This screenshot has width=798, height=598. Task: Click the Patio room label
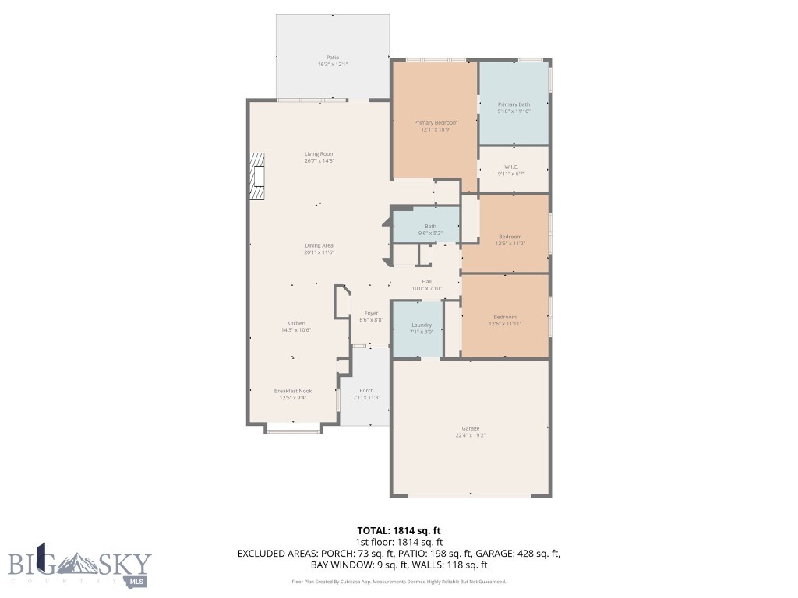pyautogui.click(x=332, y=58)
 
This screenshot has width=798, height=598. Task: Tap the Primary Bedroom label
pyautogui.click(x=435, y=122)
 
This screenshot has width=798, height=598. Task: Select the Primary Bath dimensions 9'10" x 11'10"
pyautogui.click(x=514, y=111)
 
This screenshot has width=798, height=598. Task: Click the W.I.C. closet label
pyautogui.click(x=511, y=167)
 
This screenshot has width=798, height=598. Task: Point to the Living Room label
pyautogui.click(x=319, y=154)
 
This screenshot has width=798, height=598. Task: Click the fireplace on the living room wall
pyautogui.click(x=256, y=178)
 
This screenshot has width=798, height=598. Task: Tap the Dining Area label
pyautogui.click(x=319, y=245)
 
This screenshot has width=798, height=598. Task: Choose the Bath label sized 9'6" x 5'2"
pyautogui.click(x=430, y=227)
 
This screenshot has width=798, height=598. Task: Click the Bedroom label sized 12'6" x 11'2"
pyautogui.click(x=510, y=237)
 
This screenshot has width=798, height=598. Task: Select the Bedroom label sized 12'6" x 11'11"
pyautogui.click(x=504, y=317)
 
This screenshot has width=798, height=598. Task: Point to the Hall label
pyautogui.click(x=426, y=282)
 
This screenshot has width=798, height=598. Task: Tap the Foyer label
pyautogui.click(x=371, y=313)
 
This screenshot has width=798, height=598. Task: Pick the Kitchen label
pyautogui.click(x=295, y=323)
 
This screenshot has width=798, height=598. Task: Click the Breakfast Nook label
pyautogui.click(x=292, y=391)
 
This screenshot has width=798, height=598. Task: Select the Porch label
pyautogui.click(x=366, y=391)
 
